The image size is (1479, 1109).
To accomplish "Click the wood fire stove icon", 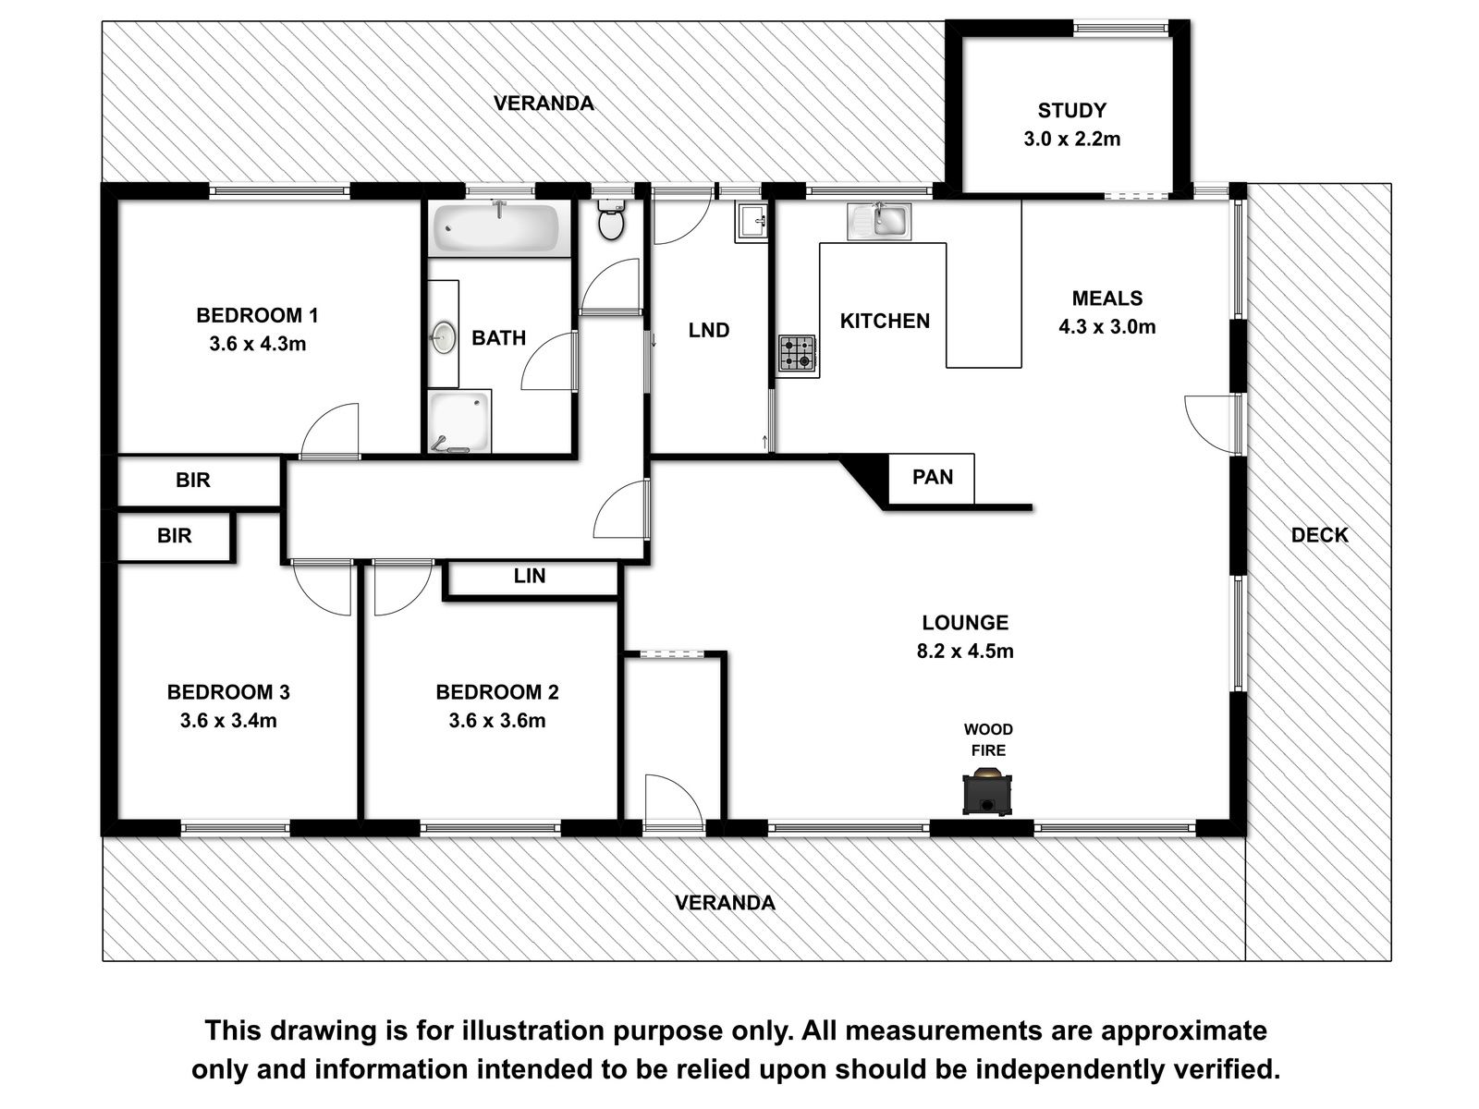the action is click(x=987, y=795).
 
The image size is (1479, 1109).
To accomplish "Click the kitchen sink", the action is click(x=879, y=222).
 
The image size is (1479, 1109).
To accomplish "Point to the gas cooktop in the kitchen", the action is click(x=797, y=354).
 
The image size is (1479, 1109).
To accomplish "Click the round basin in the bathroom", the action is click(x=443, y=337).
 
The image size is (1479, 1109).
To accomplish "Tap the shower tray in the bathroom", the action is click(x=460, y=421).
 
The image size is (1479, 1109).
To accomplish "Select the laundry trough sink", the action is click(x=752, y=221).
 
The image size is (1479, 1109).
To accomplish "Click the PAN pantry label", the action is click(x=933, y=478).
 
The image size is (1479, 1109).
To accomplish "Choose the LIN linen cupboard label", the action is click(x=530, y=576).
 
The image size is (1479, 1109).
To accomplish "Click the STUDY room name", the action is click(x=1072, y=110).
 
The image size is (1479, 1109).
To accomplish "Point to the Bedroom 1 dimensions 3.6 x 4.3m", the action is click(x=257, y=344).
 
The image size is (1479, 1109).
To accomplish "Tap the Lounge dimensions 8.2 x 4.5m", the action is click(x=965, y=652).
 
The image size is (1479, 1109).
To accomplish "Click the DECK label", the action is click(x=1319, y=535).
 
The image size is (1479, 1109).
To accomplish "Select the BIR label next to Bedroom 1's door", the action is click(x=192, y=480).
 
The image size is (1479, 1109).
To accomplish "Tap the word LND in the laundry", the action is click(x=709, y=331).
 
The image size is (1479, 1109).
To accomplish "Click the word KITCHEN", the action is click(x=885, y=322).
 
